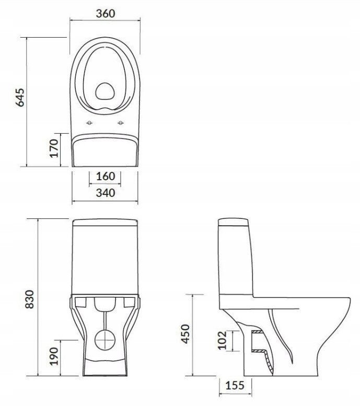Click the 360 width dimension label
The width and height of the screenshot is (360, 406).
pyautogui.click(x=106, y=14)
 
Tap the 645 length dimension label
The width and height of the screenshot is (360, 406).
pyautogui.click(x=20, y=97)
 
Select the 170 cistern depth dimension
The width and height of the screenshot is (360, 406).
pyautogui.click(x=54, y=148)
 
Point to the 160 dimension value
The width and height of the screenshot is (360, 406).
pyautogui.click(x=106, y=176)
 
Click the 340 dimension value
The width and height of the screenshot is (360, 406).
pyautogui.click(x=106, y=193)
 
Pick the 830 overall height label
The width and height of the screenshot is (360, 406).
pyautogui.click(x=30, y=299)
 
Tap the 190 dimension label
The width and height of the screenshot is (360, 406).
pyautogui.click(x=54, y=356)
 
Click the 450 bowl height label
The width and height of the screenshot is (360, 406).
pyautogui.click(x=185, y=334)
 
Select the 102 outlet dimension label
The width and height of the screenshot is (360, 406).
pyautogui.click(x=222, y=340)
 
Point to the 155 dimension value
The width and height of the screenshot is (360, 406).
pyautogui.click(x=235, y=386)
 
